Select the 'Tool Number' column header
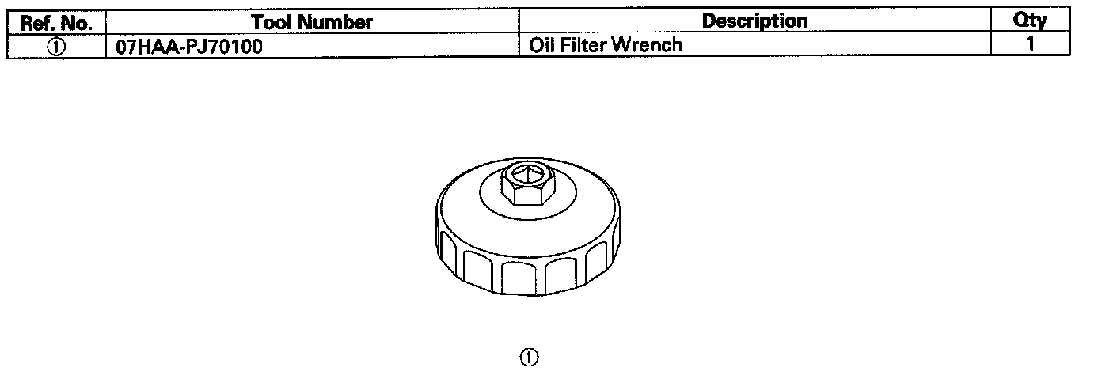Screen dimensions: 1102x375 311,21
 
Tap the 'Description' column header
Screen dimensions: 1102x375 754,21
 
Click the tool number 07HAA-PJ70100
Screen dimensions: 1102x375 189,46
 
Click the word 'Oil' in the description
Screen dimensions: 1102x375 541,45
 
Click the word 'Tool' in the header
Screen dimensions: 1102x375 272,21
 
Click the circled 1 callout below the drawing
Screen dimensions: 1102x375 529,358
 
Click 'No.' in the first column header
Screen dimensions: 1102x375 79,21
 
